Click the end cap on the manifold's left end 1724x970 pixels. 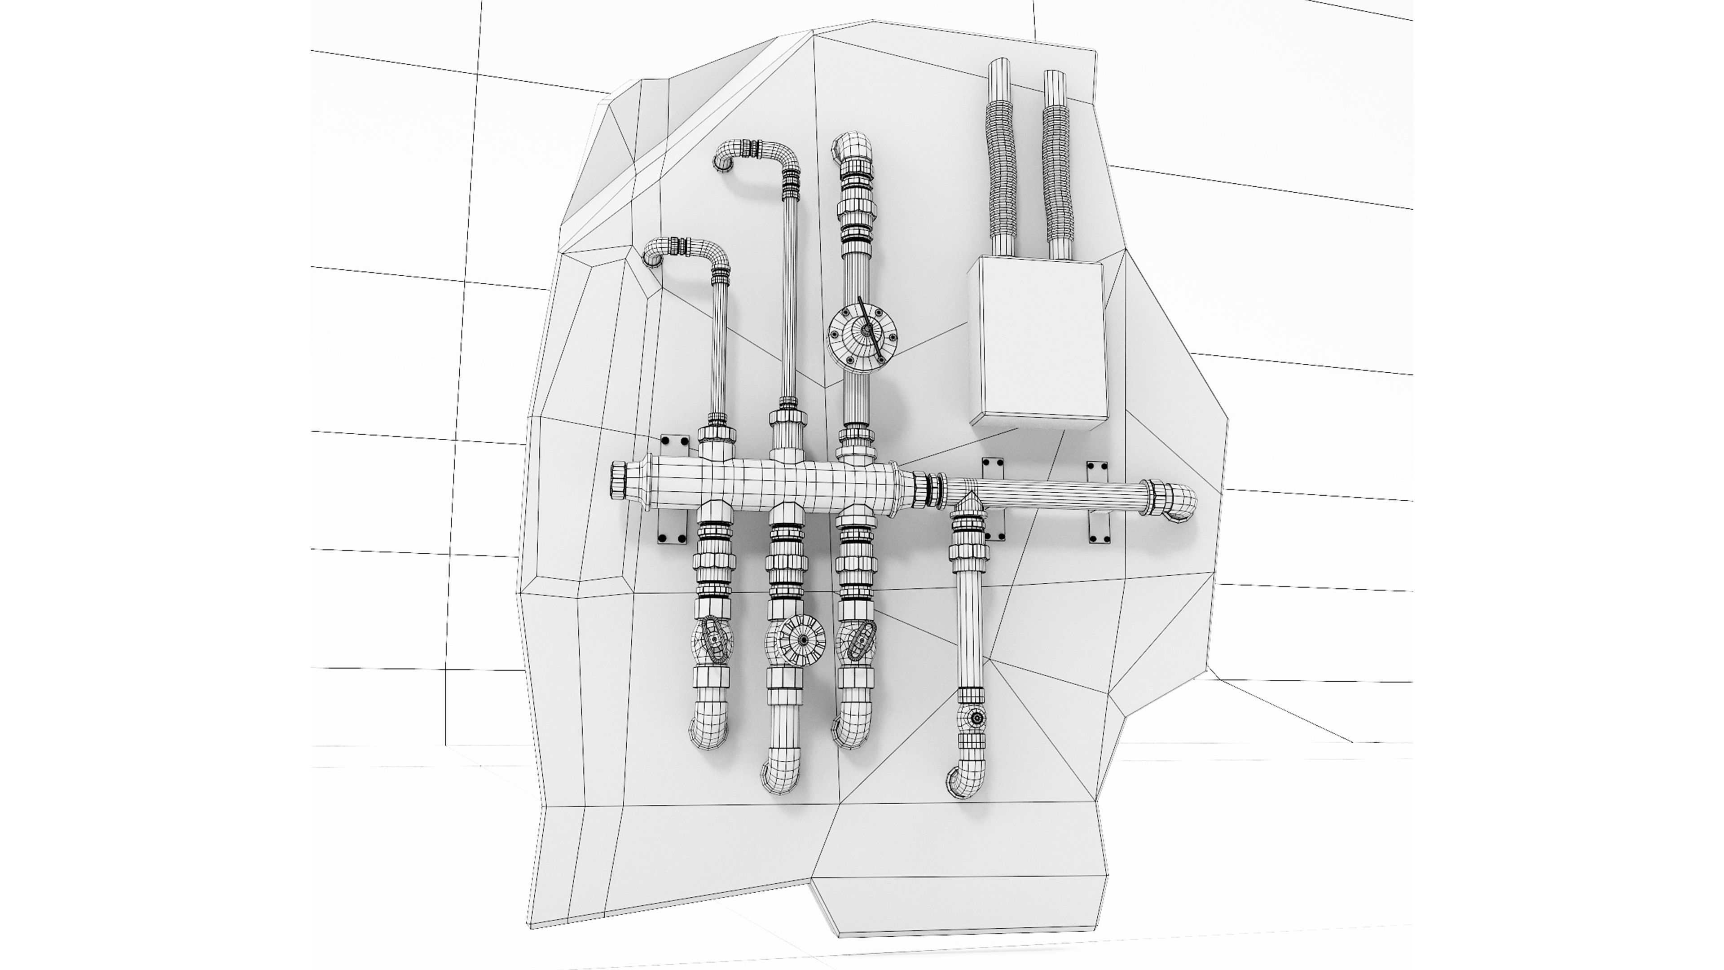(618, 481)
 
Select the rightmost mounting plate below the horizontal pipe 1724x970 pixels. (1099, 529)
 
